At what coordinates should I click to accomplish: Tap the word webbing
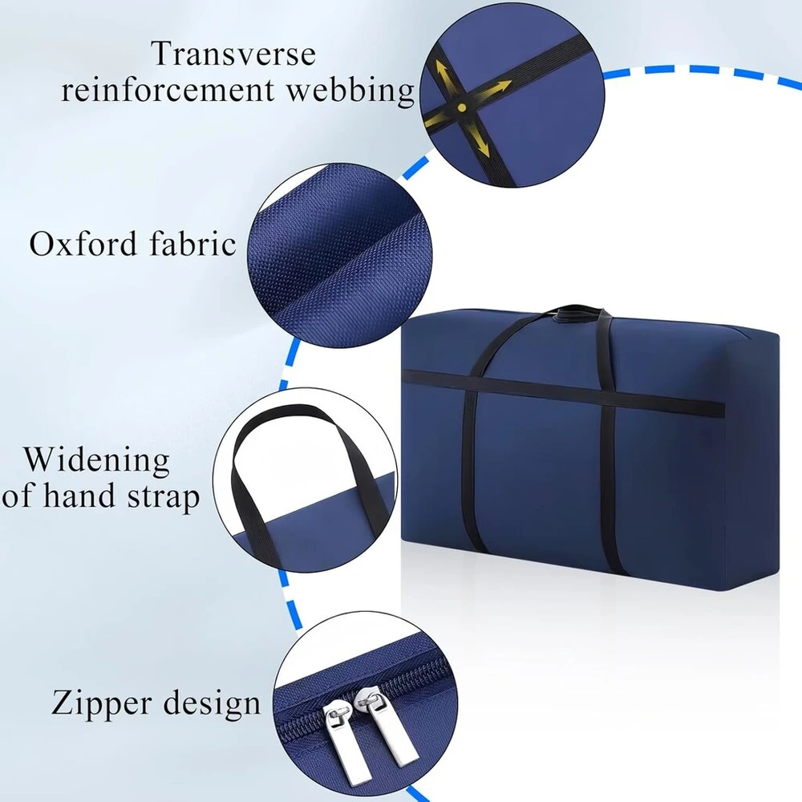tap(350, 91)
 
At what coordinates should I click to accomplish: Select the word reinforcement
tap(168, 90)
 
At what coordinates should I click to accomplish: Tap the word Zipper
tap(102, 704)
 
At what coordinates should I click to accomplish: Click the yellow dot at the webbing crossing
tap(462, 107)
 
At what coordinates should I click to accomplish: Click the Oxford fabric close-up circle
tap(339, 255)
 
